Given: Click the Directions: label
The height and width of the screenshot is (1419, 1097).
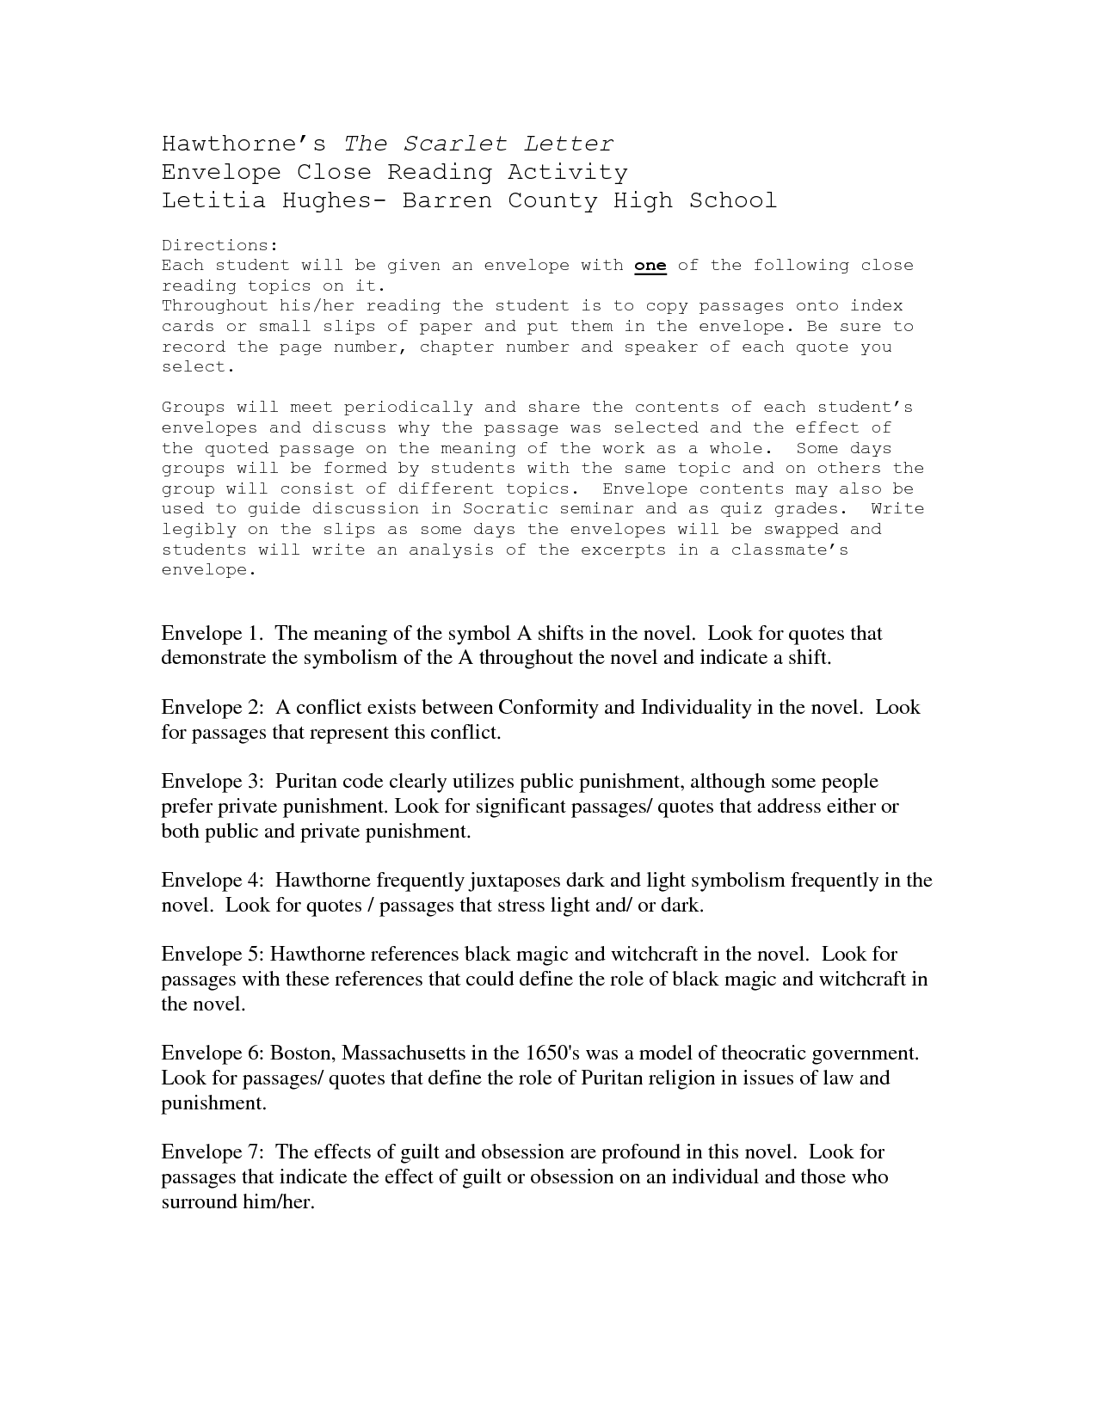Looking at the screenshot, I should click(219, 245).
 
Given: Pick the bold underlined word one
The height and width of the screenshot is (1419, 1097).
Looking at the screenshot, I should click(650, 266).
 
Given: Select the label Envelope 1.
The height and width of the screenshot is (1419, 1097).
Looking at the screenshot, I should click(212, 634).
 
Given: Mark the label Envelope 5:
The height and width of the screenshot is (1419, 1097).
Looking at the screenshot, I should click(213, 955).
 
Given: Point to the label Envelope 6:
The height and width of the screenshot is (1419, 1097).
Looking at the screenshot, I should click(213, 1053).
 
